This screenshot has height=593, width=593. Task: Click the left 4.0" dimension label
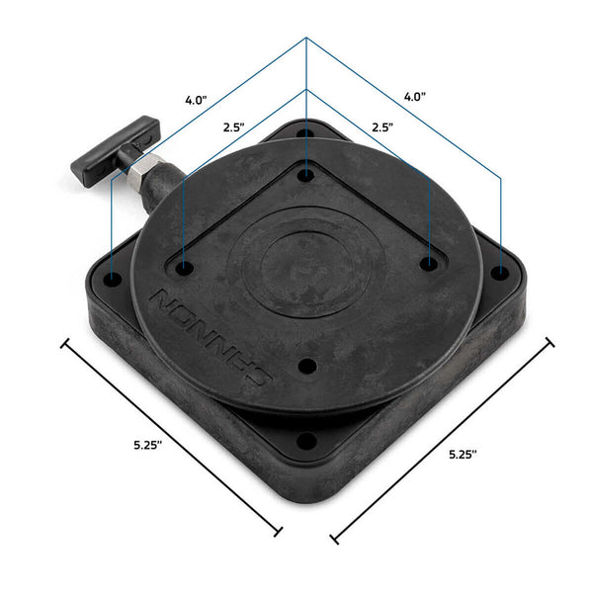[x=195, y=100]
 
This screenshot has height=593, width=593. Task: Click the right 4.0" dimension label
[x=414, y=97]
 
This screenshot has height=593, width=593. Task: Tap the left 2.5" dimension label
[x=234, y=128]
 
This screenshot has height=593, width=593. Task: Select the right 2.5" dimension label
[x=382, y=127]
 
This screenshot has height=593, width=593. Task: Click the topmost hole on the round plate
[x=307, y=175]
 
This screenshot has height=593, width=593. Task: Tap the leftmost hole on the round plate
[x=185, y=265]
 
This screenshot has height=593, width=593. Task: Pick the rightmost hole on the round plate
[x=429, y=263]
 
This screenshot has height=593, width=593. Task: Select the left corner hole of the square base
[x=113, y=280]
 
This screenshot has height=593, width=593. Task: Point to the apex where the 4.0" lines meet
[x=306, y=39]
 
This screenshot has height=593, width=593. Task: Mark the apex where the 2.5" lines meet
[x=306, y=90]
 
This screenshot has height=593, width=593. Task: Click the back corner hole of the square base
[x=306, y=131]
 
